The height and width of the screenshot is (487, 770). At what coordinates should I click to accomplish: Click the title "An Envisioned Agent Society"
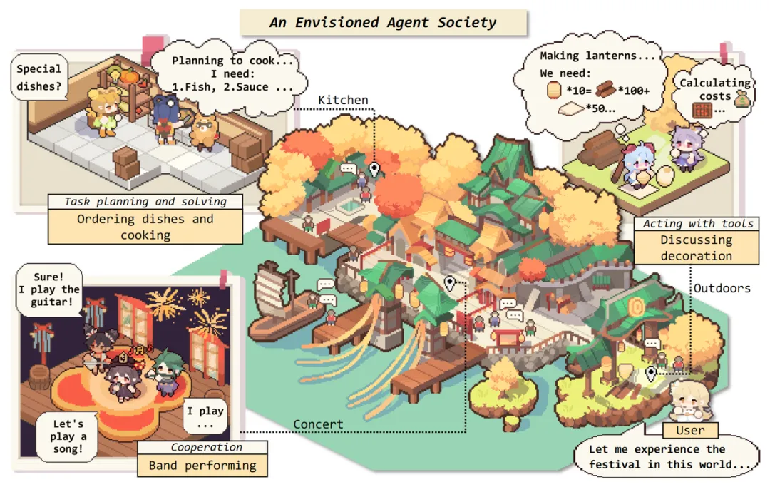[x=383, y=22]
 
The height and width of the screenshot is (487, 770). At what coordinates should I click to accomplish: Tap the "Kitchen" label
[x=343, y=100]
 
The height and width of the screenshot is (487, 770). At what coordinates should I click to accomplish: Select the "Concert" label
[x=318, y=424]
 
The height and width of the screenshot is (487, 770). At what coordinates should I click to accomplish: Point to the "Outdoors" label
[x=722, y=288]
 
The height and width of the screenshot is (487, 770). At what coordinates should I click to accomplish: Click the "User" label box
[x=690, y=430]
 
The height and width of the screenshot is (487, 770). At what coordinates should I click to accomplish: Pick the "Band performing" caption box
[x=202, y=466]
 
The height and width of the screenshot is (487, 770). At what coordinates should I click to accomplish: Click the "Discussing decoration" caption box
[x=696, y=248]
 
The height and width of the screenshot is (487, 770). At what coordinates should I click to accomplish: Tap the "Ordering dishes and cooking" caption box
[x=145, y=227]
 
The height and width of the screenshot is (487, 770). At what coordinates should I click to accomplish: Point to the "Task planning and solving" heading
[x=145, y=202]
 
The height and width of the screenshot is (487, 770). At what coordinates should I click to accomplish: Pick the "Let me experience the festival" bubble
[x=669, y=457]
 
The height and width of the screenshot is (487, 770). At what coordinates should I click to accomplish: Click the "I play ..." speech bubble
[x=205, y=417]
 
